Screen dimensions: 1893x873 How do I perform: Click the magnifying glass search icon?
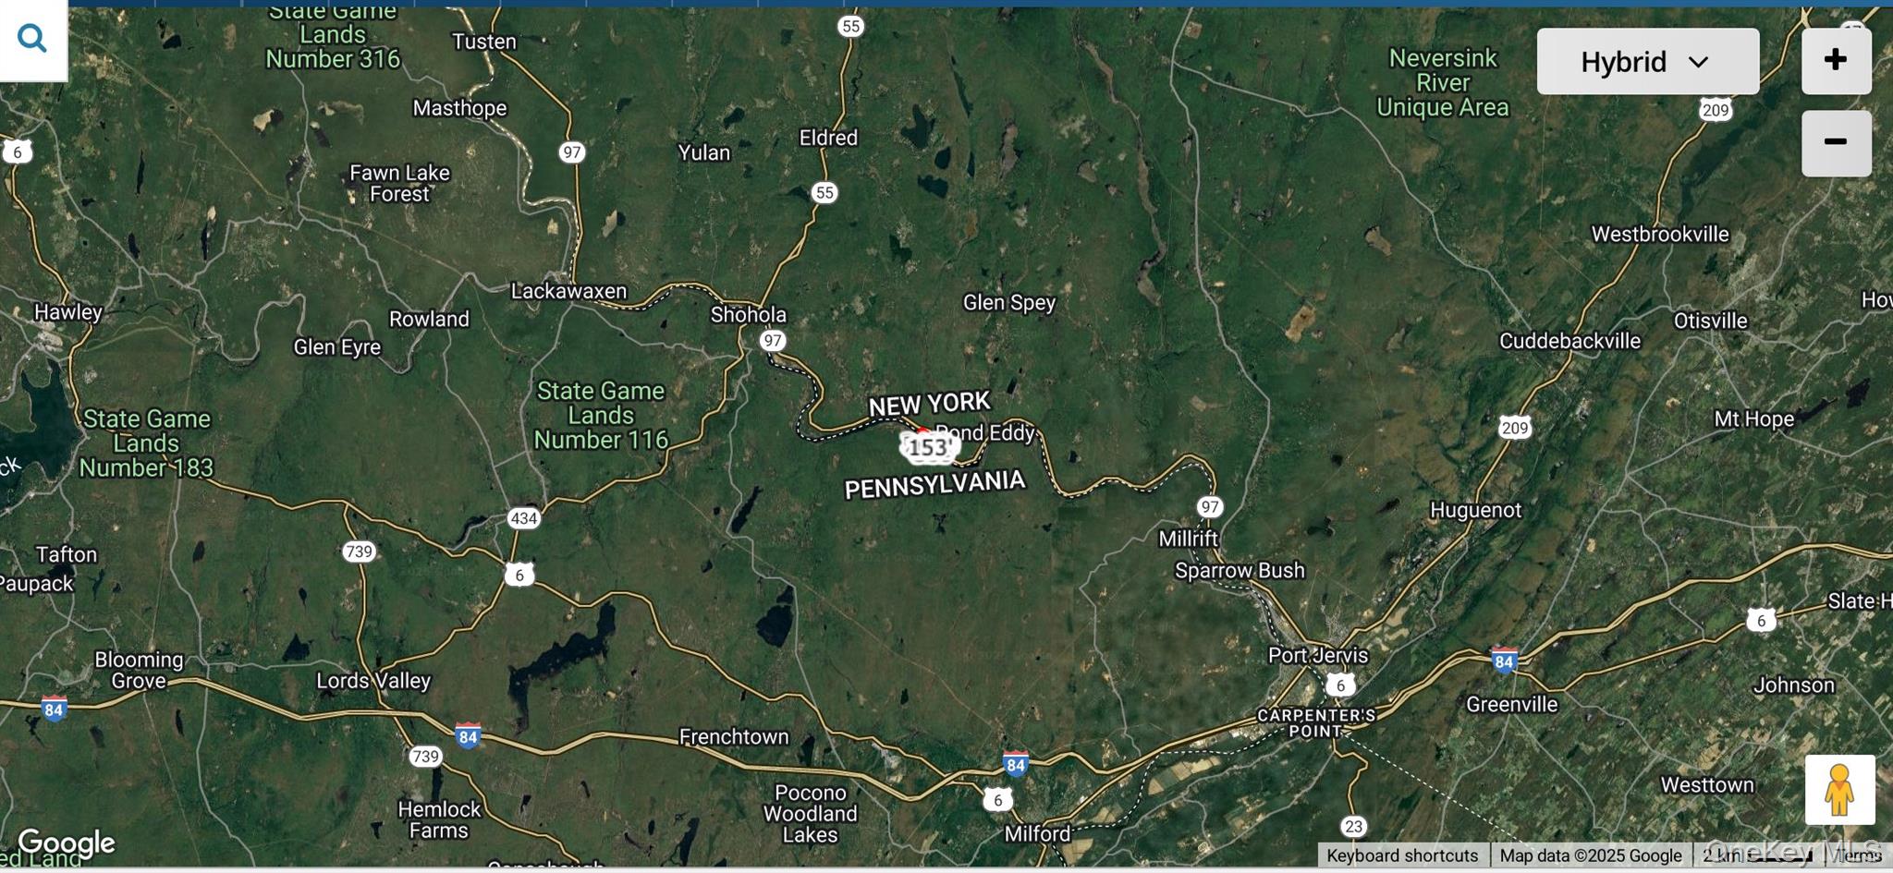point(32,39)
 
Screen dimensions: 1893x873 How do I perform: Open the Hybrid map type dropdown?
point(1647,62)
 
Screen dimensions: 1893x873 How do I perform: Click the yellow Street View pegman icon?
point(1839,790)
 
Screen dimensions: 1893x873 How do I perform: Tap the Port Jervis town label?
point(1317,655)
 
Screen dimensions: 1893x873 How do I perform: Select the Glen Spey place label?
point(1008,302)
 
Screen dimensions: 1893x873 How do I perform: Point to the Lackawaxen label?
point(568,291)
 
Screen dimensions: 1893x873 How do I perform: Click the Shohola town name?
point(748,314)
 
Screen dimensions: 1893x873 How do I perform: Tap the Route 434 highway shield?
point(523,518)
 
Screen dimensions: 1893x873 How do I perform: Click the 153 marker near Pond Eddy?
point(929,448)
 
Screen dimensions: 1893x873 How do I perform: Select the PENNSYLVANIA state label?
point(934,484)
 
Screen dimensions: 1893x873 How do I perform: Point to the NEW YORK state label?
point(929,404)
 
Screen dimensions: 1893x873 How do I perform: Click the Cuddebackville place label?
point(1569,341)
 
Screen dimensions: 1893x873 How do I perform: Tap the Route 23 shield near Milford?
point(1353,826)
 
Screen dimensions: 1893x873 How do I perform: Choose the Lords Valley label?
point(373,681)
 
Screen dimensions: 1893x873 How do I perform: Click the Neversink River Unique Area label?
point(1442,83)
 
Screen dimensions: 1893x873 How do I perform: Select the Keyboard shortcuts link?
point(1401,855)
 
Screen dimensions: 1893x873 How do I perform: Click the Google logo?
point(67,843)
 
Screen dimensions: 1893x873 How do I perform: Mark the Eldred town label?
point(828,138)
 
